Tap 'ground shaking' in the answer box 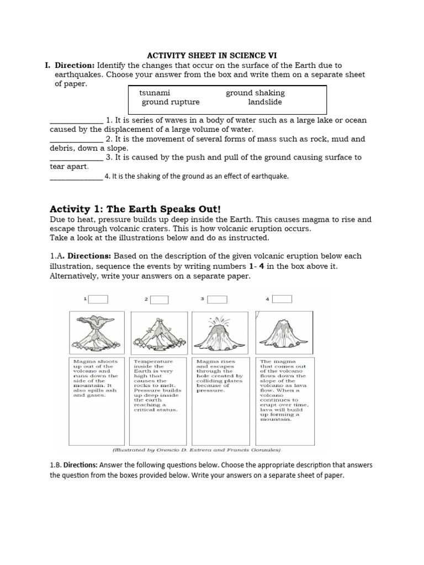point(255,93)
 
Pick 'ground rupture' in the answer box point(171,102)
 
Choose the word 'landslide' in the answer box point(264,102)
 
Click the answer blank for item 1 point(76,121)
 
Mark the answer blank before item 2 point(76,140)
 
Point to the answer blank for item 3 point(76,158)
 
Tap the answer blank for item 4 point(76,177)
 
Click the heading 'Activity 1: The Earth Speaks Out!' point(135,209)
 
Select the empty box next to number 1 point(98,299)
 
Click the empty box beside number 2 point(159,299)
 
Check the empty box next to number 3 point(217,299)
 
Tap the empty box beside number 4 point(281,299)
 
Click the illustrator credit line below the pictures point(197,449)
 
